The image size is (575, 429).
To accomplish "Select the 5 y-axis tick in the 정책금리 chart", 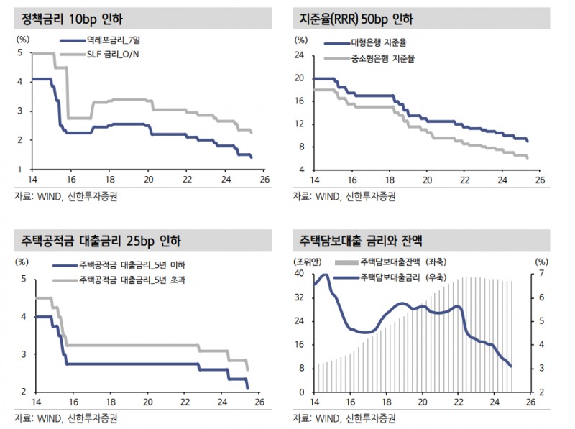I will [22, 53].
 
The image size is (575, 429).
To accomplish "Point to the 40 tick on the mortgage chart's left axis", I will [300, 275].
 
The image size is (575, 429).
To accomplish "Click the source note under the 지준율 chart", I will [343, 195].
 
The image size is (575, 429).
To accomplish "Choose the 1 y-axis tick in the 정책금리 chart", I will [22, 170].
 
